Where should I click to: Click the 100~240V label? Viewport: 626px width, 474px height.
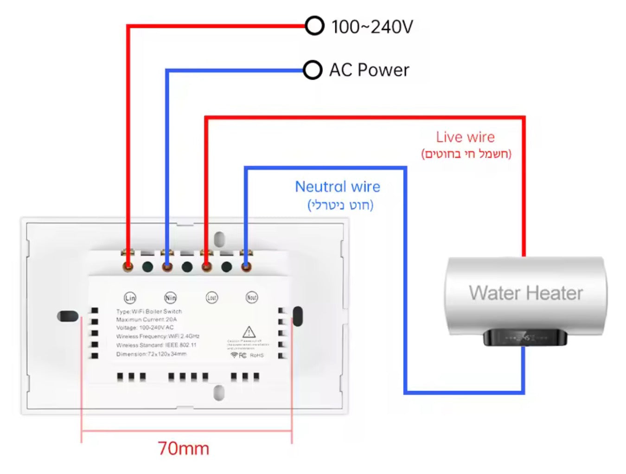372,27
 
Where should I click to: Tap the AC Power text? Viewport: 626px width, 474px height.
369,70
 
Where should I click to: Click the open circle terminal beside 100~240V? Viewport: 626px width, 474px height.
314,26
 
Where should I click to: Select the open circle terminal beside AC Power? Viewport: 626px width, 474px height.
313,70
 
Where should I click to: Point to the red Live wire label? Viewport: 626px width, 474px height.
465,137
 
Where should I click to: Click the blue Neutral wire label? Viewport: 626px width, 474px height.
338,186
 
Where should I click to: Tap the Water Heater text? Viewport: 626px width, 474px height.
526,293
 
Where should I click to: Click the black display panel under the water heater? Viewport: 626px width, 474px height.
525,338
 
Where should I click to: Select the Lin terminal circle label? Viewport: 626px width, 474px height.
130,298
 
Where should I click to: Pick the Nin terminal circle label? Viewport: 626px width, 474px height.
170,298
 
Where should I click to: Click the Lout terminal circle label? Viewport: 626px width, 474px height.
211,298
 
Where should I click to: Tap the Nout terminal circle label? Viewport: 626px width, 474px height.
252,297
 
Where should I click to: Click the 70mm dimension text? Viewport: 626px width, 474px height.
184,448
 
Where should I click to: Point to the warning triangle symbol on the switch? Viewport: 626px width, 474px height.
249,332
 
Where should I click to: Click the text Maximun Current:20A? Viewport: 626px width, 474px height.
147,320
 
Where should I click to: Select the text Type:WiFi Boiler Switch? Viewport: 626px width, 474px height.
149,311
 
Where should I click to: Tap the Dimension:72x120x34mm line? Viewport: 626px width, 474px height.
151,354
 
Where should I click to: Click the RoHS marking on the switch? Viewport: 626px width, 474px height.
257,355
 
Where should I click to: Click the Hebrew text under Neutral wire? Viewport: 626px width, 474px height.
340,205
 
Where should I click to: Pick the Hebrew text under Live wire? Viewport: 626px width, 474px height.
466,154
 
